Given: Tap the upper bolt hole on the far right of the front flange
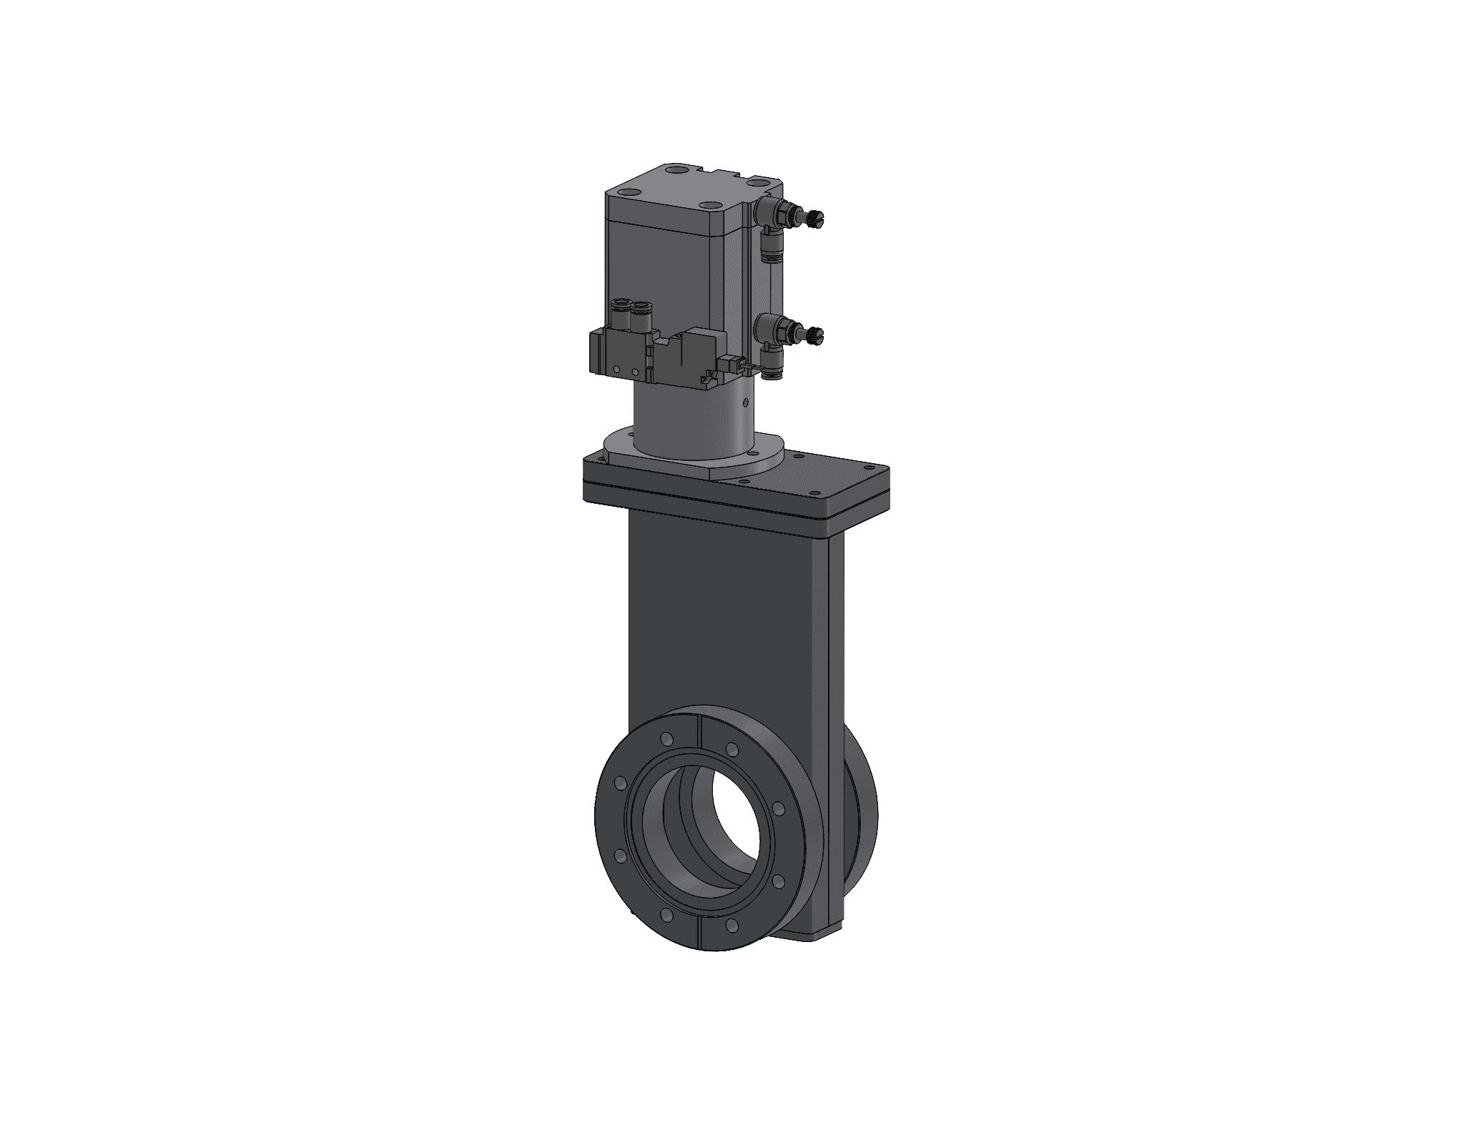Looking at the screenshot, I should [777, 810].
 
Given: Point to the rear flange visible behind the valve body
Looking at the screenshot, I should [863, 815].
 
